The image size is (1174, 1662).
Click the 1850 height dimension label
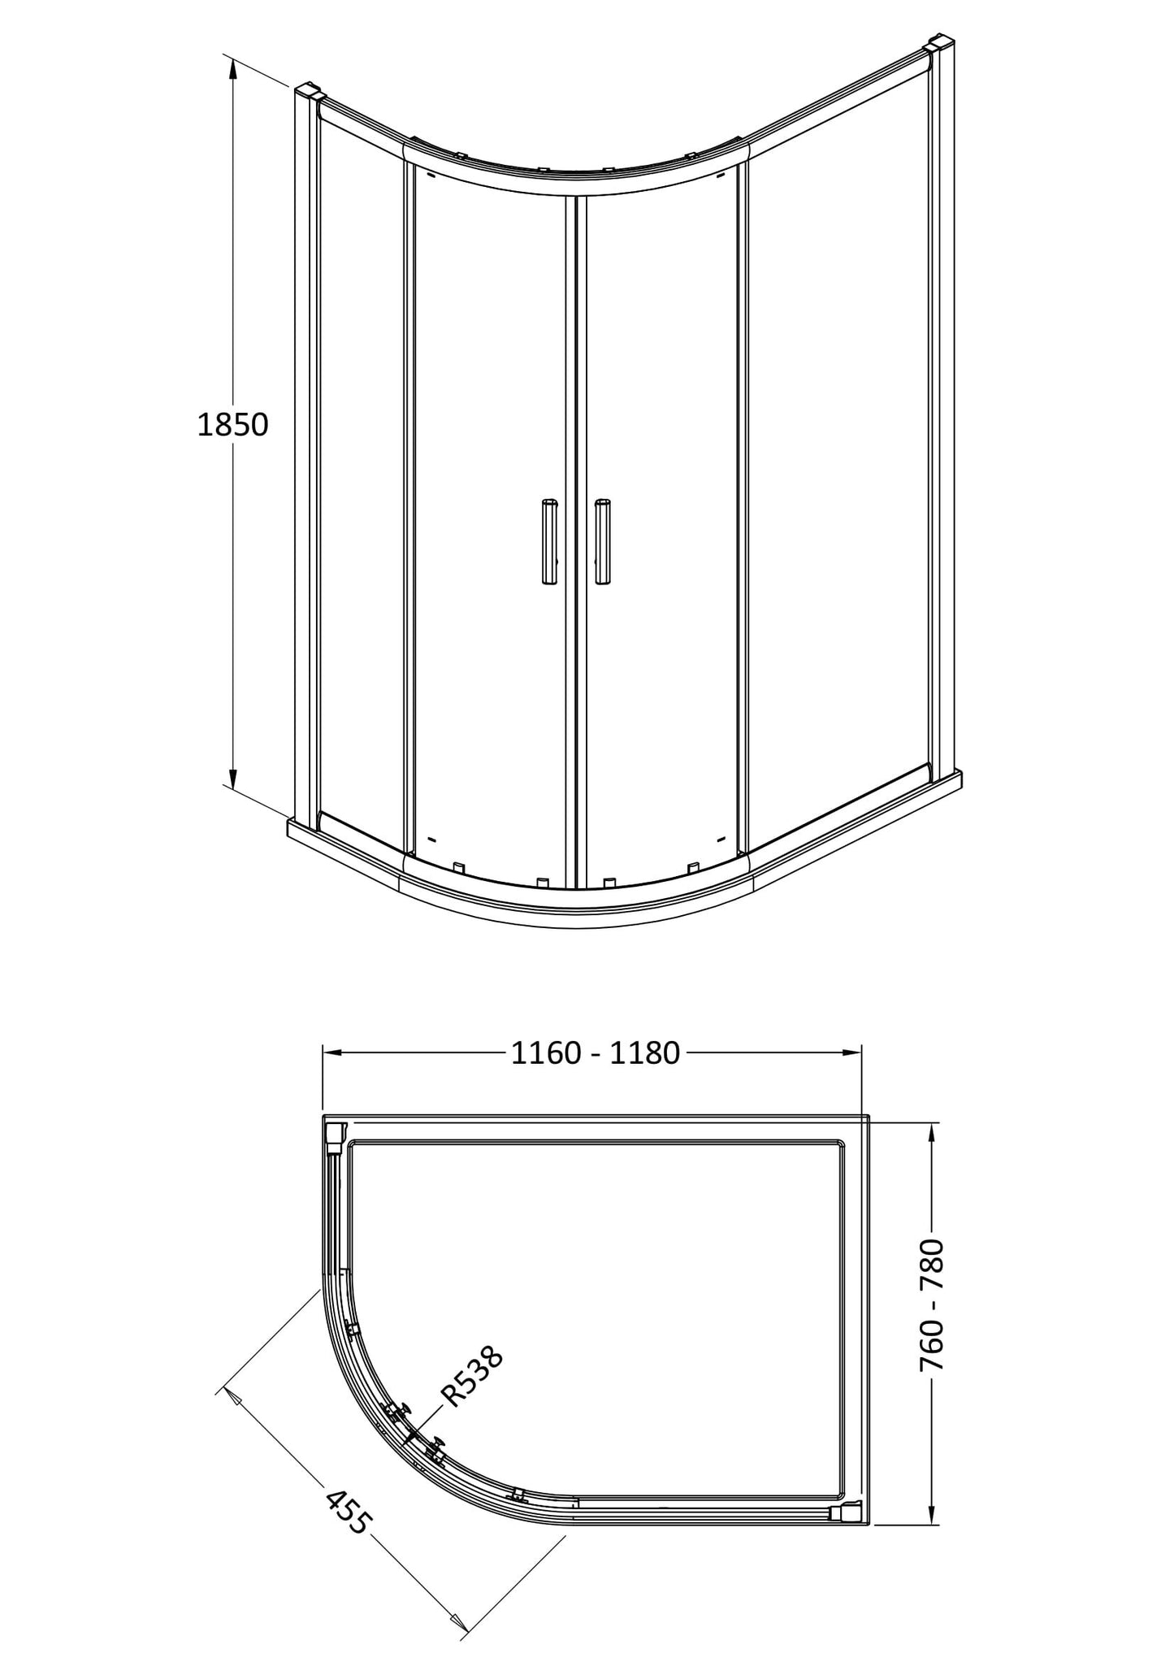point(232,425)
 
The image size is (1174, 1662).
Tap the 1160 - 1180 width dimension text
point(595,1053)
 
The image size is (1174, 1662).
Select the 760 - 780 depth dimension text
point(933,1305)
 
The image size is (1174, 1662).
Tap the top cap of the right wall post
point(938,42)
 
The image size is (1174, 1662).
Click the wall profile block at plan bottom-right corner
point(848,1512)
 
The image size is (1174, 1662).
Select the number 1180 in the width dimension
point(644,1053)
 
